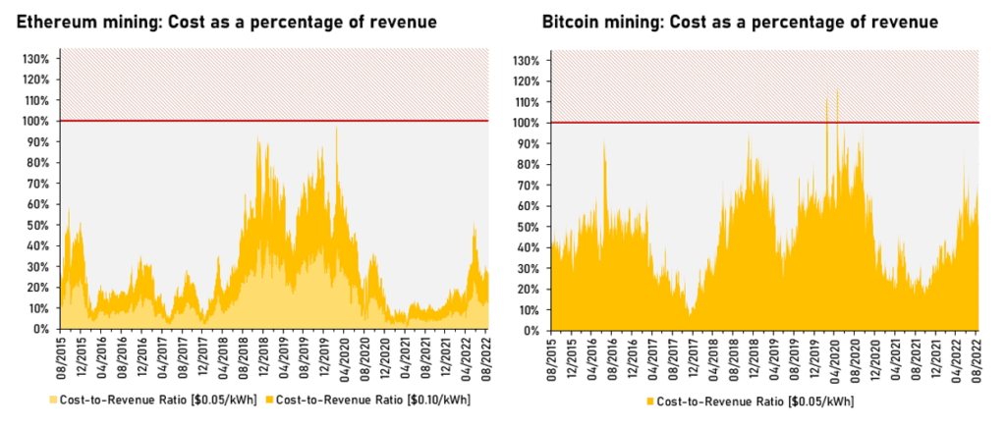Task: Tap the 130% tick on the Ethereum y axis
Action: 35,59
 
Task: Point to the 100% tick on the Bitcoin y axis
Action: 528,123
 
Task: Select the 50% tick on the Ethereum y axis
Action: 38,225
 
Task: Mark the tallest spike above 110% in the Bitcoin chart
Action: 837,90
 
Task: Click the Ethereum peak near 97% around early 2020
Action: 336,128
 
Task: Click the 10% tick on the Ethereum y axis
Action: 38,308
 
